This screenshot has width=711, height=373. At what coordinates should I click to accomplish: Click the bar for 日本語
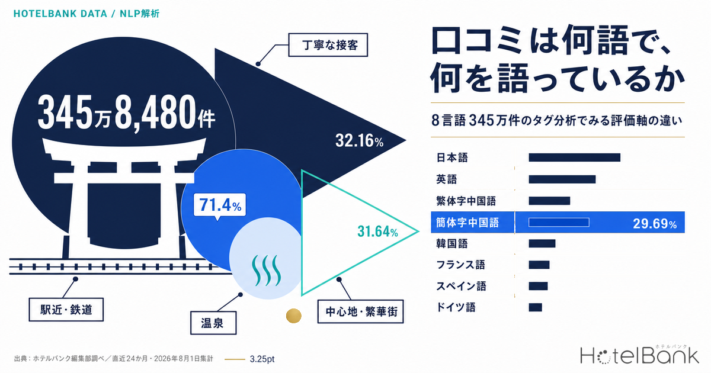[x=574, y=157]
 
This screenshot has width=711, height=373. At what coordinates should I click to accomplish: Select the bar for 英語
[x=562, y=179]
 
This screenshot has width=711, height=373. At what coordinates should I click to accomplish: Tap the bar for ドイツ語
[x=535, y=307]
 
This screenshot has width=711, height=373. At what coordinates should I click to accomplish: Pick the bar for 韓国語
[x=542, y=243]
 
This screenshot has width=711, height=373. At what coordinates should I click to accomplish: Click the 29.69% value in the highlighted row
[x=655, y=224]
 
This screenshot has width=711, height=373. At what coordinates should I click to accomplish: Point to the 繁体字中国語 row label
[x=466, y=201]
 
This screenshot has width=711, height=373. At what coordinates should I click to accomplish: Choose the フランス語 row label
[x=460, y=265]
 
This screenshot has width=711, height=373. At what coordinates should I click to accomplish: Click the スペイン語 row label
[x=461, y=286]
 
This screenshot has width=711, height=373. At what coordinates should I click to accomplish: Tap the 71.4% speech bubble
[x=220, y=205]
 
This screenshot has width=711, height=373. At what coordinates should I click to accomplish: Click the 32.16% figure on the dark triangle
[x=359, y=140]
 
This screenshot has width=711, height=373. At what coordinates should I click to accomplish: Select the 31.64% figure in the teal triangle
[x=377, y=231]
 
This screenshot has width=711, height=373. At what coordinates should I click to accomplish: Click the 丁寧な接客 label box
[x=328, y=45]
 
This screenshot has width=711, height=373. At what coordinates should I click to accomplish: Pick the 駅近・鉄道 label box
[x=66, y=310]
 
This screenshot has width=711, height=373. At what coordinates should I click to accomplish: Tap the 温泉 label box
[x=213, y=323]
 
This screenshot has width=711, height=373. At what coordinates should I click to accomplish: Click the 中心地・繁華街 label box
[x=361, y=311]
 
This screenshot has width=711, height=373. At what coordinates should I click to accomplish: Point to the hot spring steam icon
[x=266, y=270]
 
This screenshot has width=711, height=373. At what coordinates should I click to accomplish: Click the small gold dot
[x=294, y=316]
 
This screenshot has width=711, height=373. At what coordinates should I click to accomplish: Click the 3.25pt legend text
[x=262, y=359]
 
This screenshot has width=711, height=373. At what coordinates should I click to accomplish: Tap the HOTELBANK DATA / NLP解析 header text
[x=87, y=14]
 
